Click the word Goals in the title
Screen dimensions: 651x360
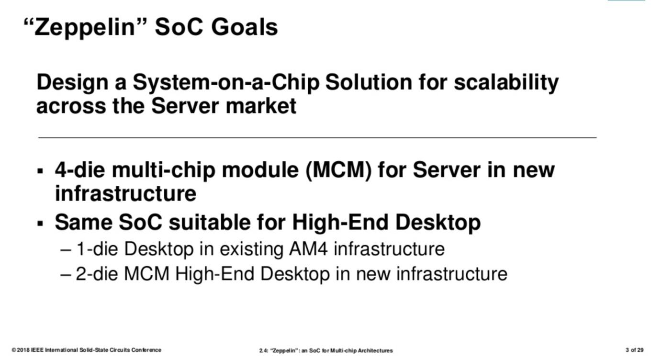(245, 27)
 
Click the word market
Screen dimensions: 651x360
(261, 106)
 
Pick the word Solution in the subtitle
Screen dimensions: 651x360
(369, 82)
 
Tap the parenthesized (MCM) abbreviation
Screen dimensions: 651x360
(338, 170)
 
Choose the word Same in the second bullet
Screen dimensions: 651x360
(84, 222)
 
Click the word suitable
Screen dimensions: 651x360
(210, 222)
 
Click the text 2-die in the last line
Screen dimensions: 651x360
(97, 274)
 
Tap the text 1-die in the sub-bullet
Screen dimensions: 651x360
(97, 249)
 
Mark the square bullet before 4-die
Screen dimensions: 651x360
(40, 170)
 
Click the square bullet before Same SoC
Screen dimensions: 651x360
(40, 224)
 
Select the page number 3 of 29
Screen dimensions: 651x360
(634, 350)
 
